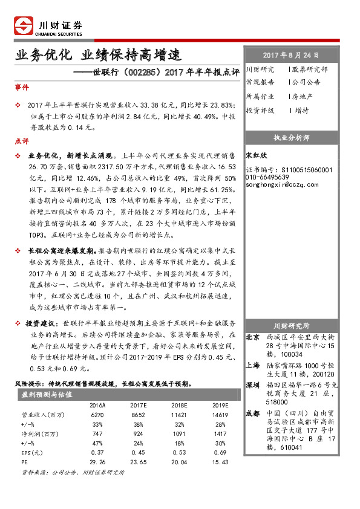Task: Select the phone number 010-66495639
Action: (267, 177)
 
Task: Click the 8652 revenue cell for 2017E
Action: (138, 417)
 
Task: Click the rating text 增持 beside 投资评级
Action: (302, 111)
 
